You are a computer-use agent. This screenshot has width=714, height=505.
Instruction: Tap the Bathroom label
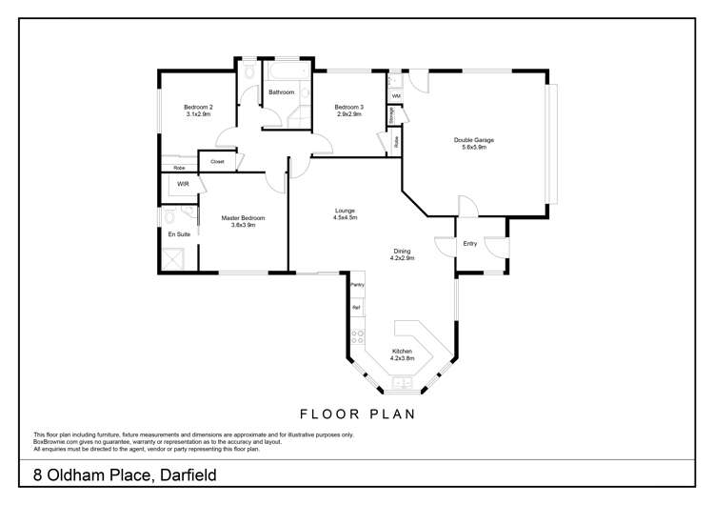click(281, 92)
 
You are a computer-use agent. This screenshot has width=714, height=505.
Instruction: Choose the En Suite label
click(178, 233)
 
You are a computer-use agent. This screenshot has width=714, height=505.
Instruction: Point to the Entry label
click(470, 244)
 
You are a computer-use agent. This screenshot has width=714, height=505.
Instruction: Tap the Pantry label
click(358, 285)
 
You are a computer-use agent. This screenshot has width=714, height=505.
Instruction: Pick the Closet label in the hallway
click(217, 162)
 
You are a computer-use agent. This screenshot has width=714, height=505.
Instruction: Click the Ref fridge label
click(357, 308)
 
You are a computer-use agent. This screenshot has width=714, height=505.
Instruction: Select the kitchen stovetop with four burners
click(358, 336)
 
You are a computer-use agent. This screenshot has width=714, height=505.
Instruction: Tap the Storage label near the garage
click(391, 114)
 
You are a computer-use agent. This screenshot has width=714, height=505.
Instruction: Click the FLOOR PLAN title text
click(356, 414)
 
